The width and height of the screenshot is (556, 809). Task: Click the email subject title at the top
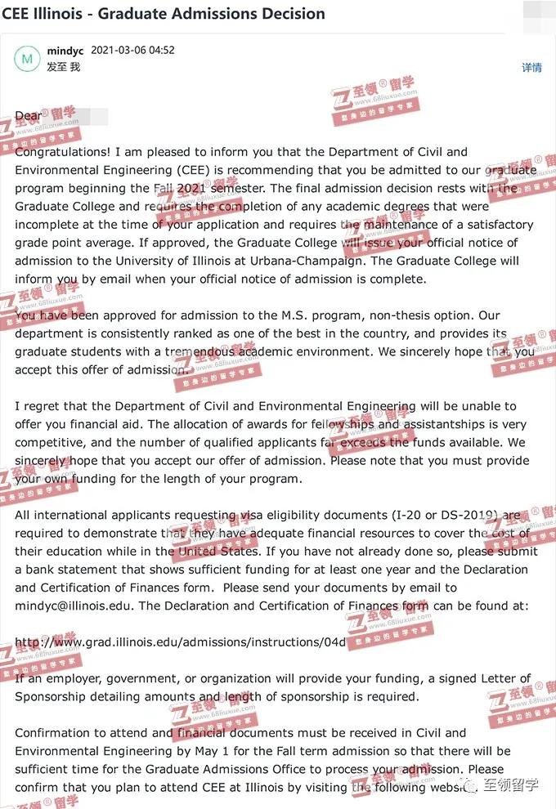pos(164,14)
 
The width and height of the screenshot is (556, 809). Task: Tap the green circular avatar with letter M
pos(28,59)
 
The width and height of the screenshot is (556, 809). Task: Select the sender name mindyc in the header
pos(65,51)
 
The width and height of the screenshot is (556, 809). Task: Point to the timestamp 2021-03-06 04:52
pos(132,51)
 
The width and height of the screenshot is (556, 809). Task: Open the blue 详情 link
pos(531,68)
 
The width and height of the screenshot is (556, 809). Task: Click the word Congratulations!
pos(63,152)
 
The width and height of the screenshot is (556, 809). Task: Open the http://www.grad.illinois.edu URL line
pos(180,642)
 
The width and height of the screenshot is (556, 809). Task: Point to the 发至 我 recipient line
pos(64,67)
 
